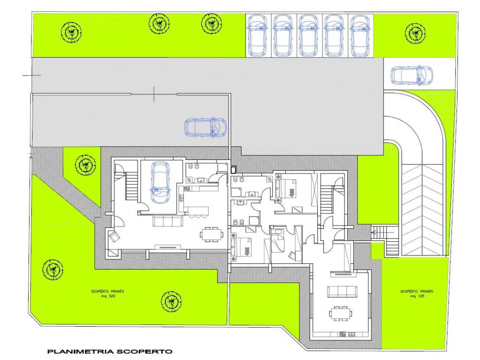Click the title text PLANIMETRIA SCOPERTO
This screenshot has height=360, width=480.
click(x=110, y=352)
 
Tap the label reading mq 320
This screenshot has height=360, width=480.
click(x=108, y=296)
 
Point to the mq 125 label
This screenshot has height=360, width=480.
click(x=417, y=296)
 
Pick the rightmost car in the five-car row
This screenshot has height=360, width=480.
click(x=360, y=36)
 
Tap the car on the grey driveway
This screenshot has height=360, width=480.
click(x=205, y=127)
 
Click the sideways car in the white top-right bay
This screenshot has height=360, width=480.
click(x=412, y=75)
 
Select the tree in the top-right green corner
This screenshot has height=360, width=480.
click(x=415, y=33)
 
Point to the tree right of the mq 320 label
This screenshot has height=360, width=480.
click(x=172, y=301)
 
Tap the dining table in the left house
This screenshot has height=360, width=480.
click(x=211, y=234)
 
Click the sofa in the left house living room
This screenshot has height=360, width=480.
click(x=168, y=221)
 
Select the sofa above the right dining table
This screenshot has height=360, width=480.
click(x=342, y=292)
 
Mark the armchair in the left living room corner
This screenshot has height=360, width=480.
click(x=114, y=236)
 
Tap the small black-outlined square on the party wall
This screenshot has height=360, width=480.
click(x=233, y=169)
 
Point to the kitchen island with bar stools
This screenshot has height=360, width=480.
click(x=197, y=212)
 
